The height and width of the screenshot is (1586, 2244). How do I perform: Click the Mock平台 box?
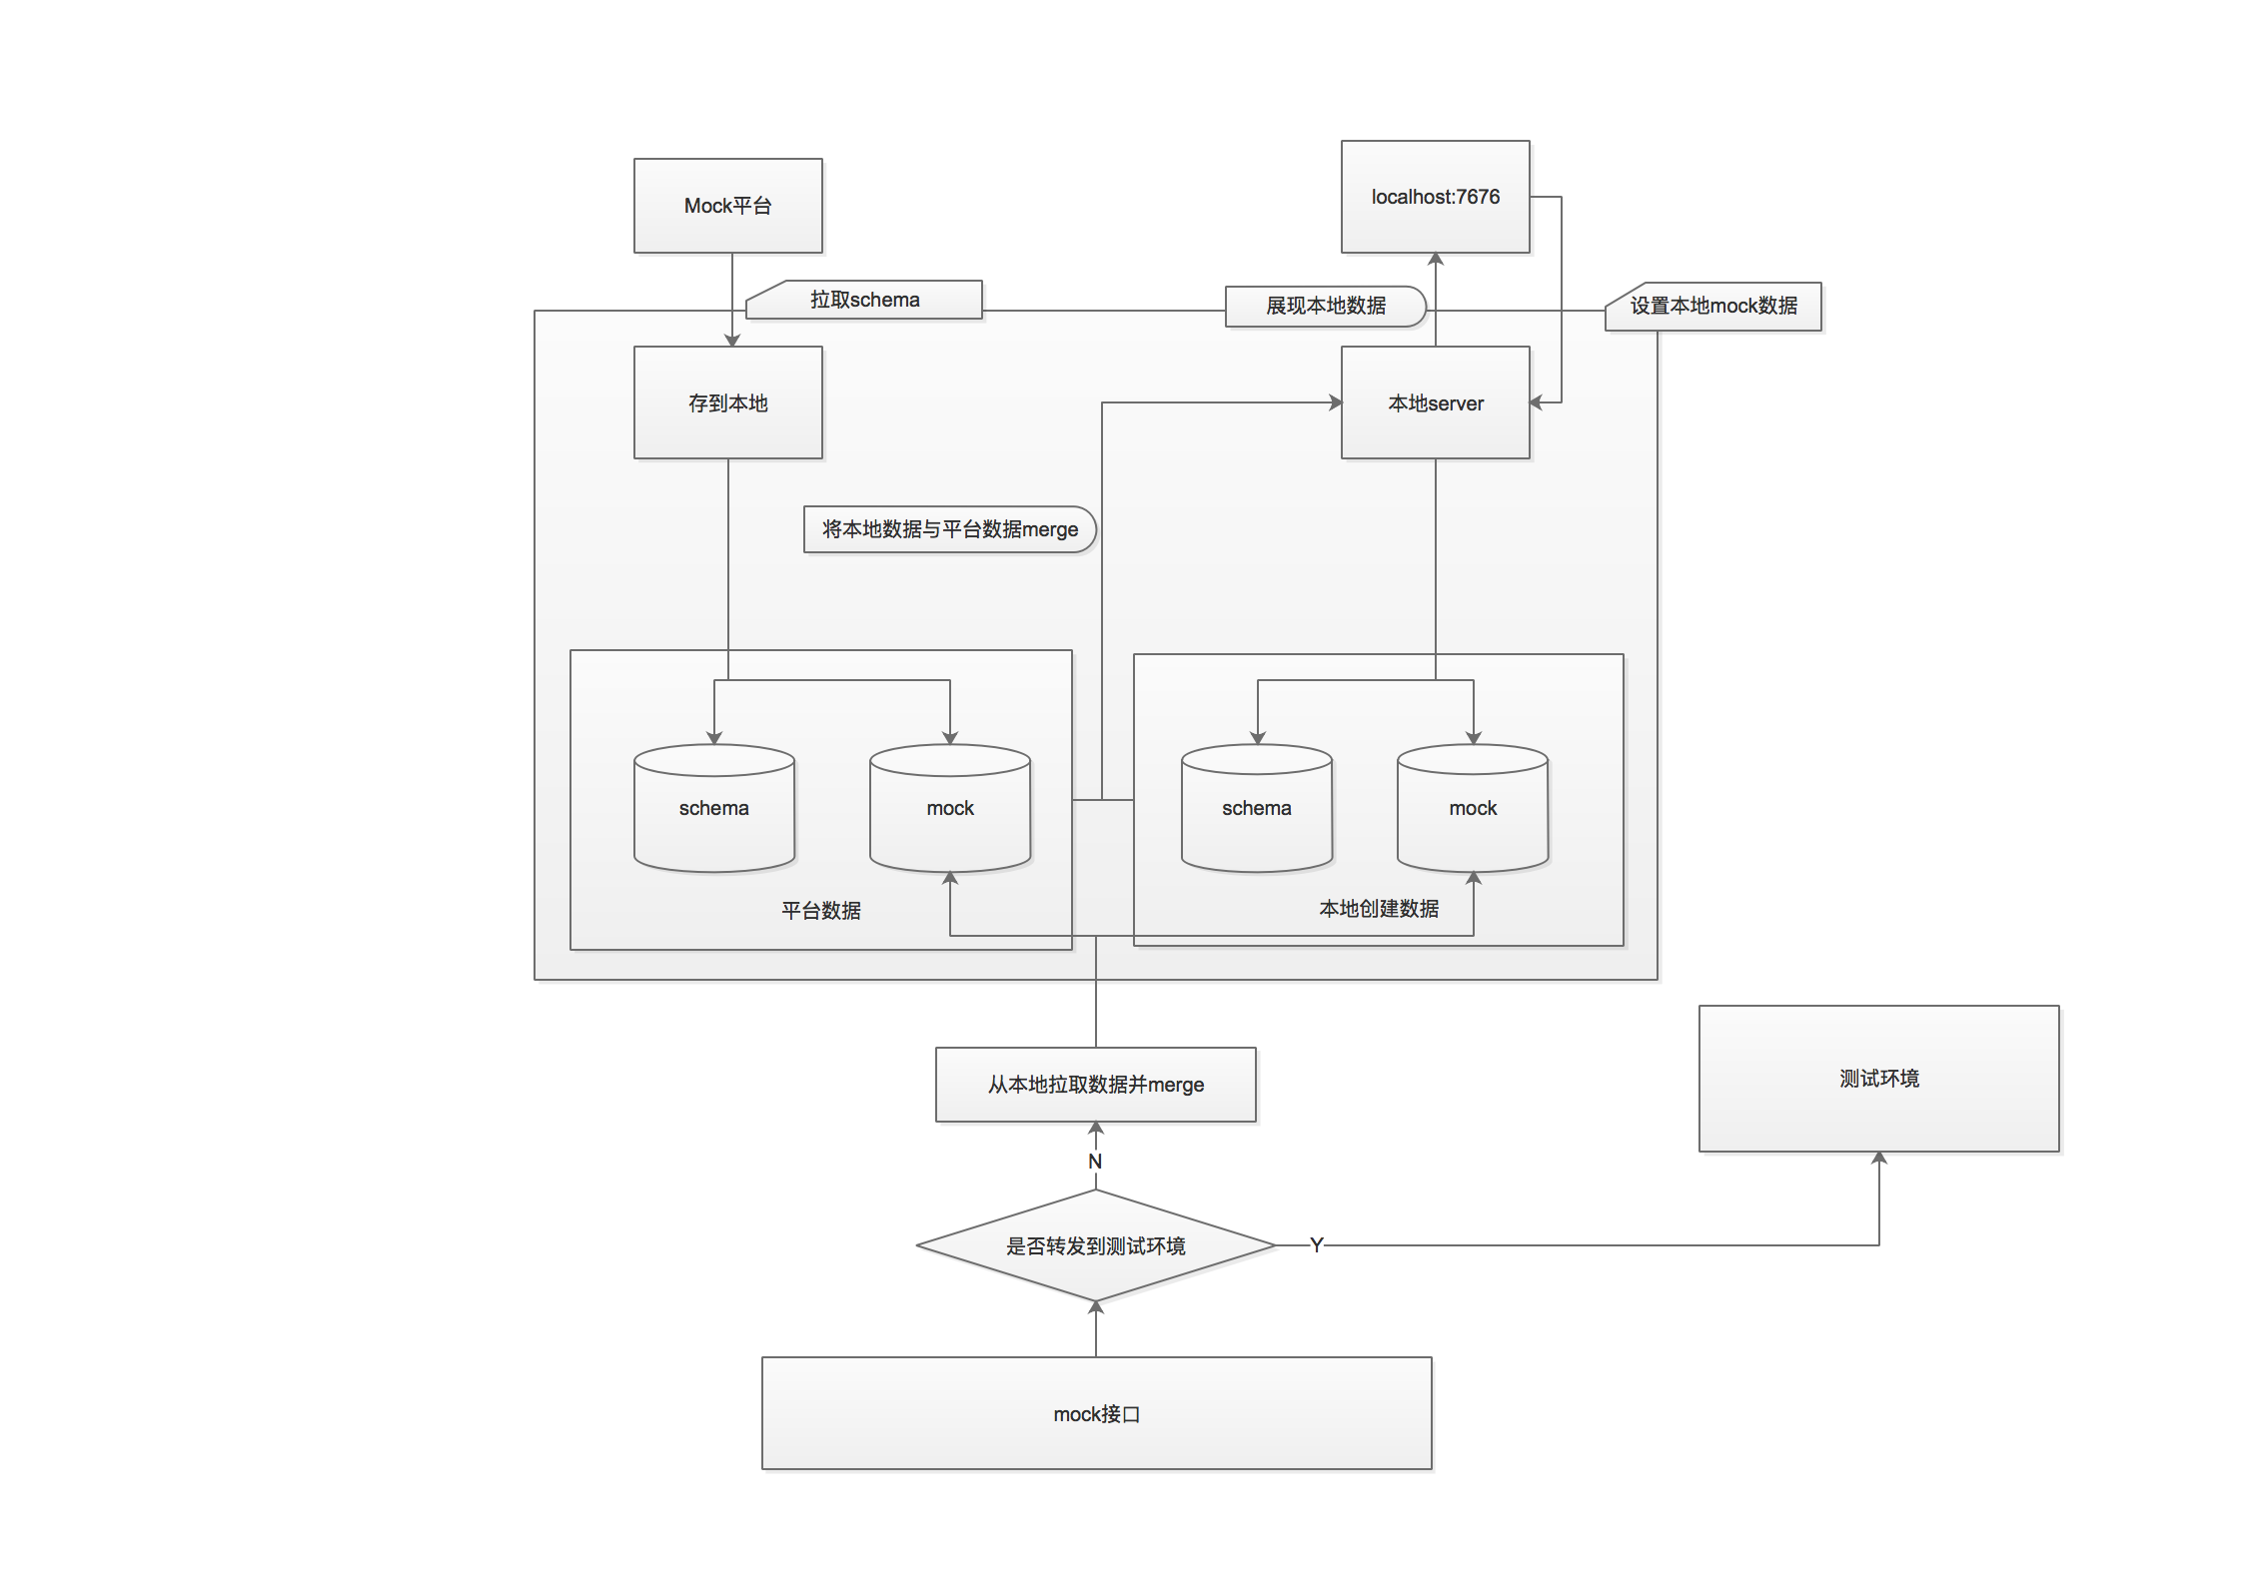727,206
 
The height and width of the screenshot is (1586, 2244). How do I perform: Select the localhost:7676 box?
1435,197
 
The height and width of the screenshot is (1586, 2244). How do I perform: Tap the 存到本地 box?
727,402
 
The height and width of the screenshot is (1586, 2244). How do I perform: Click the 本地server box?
1435,402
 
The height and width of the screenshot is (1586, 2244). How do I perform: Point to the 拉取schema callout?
865,300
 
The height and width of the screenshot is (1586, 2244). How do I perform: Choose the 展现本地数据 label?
1325,306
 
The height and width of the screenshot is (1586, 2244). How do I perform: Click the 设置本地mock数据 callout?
1713,306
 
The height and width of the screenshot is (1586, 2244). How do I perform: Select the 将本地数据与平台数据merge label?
949,529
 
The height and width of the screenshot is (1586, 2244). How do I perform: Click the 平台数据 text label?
820,911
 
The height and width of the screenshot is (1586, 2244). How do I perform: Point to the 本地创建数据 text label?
1379,909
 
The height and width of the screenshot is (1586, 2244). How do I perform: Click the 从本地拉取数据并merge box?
1095,1085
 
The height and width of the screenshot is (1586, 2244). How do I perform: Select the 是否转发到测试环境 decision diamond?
1095,1245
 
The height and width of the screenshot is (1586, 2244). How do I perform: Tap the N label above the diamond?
1095,1162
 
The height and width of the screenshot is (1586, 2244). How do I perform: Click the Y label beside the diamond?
1316,1245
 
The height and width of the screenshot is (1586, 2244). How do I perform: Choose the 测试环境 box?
1878,1079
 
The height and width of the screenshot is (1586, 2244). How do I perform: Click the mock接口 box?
1096,1413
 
